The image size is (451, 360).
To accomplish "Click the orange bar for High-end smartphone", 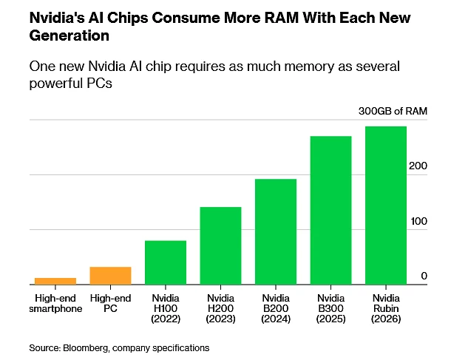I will pos(55,281).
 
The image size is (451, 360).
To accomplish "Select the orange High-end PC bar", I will pos(110,275).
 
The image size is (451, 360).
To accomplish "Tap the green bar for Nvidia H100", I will pos(165,262).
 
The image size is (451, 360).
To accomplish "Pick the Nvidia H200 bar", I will pos(220,245).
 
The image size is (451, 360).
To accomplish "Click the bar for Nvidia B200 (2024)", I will pos(276,231).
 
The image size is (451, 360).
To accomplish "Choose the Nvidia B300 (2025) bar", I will pos(330,210).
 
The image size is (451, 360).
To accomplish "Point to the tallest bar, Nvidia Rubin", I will pos(386,206).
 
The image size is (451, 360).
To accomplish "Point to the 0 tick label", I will pos(424,276).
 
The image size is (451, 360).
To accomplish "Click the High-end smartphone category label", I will pos(55,303).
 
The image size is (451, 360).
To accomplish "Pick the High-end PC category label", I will pos(110,303).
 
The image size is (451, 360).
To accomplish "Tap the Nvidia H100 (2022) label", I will pos(165,308).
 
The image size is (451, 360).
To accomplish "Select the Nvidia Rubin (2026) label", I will pos(386,308).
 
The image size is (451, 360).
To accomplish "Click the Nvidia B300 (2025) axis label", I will pos(330,308).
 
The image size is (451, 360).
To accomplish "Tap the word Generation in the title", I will pos(67,34).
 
